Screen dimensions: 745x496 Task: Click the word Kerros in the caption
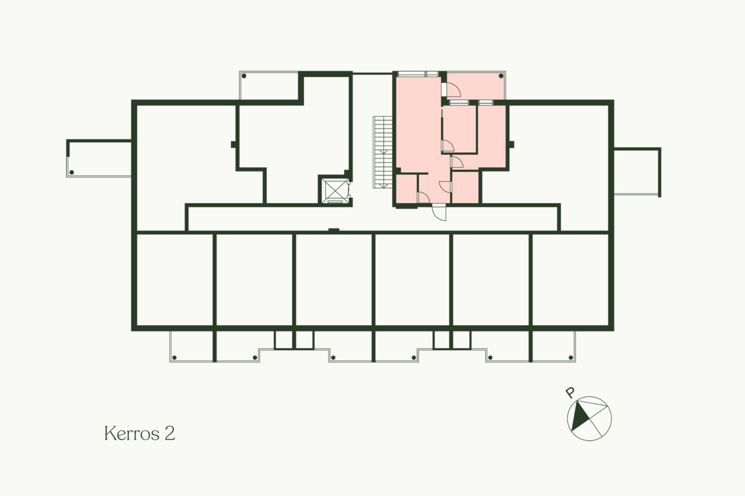click(x=132, y=433)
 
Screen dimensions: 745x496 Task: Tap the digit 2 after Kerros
click(x=170, y=433)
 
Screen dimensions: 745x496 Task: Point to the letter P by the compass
click(x=570, y=392)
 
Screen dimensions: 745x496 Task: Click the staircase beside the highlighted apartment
click(x=383, y=152)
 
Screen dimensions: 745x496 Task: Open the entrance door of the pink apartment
click(x=440, y=213)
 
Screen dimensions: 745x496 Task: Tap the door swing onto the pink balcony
click(x=453, y=90)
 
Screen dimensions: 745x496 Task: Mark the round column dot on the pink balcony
click(x=501, y=76)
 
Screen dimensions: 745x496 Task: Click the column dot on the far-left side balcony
click(x=71, y=172)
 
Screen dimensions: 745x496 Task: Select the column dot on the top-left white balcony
click(x=244, y=76)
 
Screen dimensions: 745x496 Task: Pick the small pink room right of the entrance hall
click(x=465, y=187)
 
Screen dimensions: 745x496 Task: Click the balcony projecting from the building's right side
click(x=637, y=172)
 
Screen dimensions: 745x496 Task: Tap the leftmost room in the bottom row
click(x=175, y=280)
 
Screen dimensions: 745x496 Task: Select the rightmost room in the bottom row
click(x=570, y=280)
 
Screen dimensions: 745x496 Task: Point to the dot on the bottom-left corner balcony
click(x=174, y=358)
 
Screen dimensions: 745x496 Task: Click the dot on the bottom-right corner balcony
click(x=571, y=358)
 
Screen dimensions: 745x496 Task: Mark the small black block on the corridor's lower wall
click(x=334, y=230)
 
